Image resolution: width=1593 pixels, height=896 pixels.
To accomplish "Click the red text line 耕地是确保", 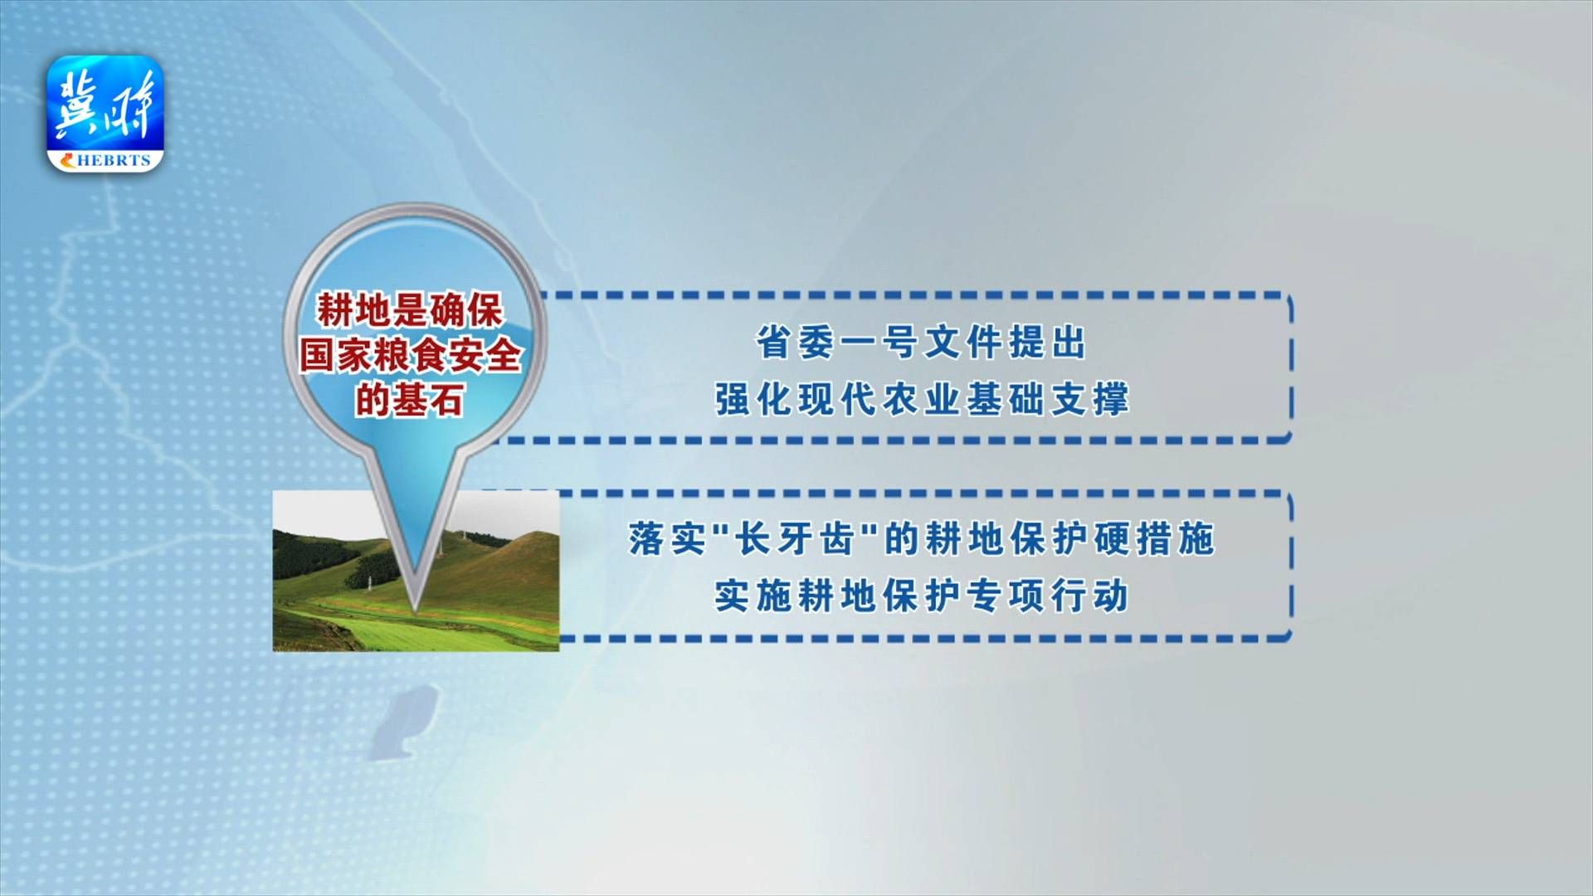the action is [410, 311].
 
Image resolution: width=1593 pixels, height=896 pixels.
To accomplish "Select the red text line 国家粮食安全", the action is [410, 355].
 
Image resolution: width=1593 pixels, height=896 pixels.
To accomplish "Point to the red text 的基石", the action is [410, 400].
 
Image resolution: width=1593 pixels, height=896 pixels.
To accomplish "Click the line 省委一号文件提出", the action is [921, 343].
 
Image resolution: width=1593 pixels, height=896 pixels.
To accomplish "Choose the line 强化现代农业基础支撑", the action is [922, 399].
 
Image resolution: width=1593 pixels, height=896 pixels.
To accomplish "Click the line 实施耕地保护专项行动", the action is [922, 596].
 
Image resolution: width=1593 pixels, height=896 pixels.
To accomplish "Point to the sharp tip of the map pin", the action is [414, 611].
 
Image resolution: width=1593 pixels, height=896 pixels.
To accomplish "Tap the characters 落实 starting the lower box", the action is [667, 538].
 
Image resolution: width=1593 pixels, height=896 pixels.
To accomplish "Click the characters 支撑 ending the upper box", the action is [1090, 399].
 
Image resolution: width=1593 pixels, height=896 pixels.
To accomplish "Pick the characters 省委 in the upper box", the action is [795, 343].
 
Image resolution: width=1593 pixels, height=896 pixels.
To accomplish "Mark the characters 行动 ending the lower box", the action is [1090, 596].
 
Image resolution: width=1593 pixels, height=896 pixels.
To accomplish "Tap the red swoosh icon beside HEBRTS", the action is [66, 161].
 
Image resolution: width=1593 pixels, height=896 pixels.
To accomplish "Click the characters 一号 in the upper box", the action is [879, 343].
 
